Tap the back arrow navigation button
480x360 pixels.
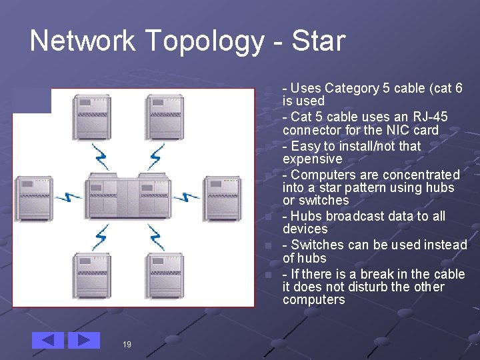(48, 340)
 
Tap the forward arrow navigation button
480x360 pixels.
(84, 340)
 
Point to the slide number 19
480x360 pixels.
(127, 345)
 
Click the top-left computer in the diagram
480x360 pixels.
(91, 116)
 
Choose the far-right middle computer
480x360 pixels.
(222, 197)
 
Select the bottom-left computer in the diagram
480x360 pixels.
(91, 277)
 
